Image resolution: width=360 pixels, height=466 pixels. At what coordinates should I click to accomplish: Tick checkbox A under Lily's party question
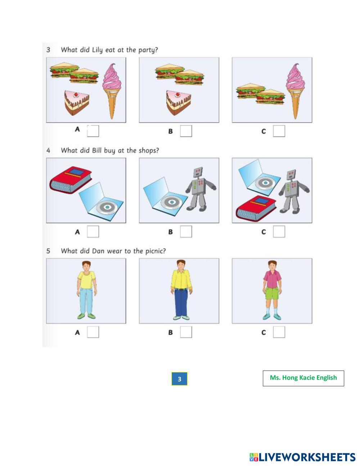(x=93, y=131)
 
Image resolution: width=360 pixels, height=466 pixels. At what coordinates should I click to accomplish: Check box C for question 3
(x=279, y=131)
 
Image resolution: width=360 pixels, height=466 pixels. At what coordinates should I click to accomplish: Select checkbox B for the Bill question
(x=186, y=232)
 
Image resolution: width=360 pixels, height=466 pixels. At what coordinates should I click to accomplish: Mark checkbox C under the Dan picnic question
(x=279, y=332)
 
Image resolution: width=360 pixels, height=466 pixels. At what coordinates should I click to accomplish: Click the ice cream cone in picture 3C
(x=296, y=91)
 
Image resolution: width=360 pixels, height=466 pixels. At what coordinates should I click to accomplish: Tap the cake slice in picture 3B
(x=179, y=102)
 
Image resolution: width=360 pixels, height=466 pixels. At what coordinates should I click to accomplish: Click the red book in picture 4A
(x=71, y=180)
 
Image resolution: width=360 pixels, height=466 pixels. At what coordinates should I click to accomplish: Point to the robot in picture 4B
(x=201, y=189)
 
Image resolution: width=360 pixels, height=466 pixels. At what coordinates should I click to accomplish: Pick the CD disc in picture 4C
(x=265, y=183)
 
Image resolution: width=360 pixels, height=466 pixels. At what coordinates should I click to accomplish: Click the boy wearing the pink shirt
(x=272, y=290)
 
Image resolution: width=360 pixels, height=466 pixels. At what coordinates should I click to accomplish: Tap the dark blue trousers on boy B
(x=181, y=303)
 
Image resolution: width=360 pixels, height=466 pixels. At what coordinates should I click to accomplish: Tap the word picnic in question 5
(x=156, y=251)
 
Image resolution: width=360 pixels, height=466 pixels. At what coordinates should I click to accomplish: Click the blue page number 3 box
(x=179, y=379)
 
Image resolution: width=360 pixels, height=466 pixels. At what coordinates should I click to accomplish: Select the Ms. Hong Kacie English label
(x=303, y=378)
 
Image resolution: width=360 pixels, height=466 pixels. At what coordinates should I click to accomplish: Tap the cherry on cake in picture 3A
(x=76, y=95)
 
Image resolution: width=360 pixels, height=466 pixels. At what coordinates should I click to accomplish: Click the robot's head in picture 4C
(x=292, y=175)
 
